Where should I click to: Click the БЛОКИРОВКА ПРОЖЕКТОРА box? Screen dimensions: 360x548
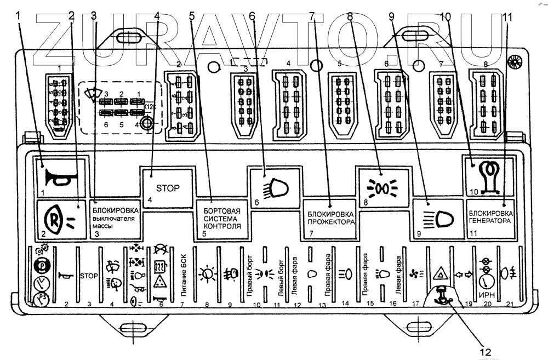point(328,218)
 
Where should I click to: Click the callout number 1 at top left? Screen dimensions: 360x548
point(20,16)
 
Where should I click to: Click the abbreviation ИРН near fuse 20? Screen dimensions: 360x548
point(486,295)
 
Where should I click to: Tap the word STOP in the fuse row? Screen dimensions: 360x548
point(89,276)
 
